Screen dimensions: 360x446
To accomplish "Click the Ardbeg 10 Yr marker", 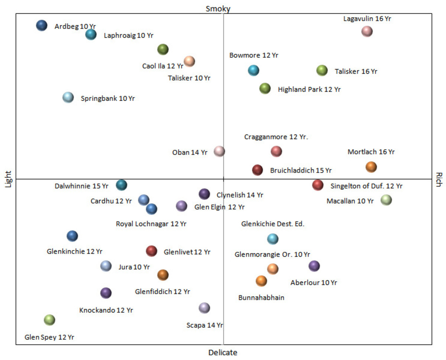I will [x=42, y=26].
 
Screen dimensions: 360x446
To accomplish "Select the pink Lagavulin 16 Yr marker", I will [x=367, y=31].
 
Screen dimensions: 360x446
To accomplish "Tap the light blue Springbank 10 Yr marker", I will [x=68, y=98].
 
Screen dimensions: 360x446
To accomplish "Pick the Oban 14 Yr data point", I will [x=219, y=151].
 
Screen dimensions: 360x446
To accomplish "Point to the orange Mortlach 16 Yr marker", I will [x=371, y=167].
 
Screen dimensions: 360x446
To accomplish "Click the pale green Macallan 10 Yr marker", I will [x=386, y=200].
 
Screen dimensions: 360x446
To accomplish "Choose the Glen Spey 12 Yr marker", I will [x=49, y=320].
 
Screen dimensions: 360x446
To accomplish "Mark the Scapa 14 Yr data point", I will [x=204, y=308].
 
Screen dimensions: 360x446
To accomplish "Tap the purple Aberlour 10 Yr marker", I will [x=314, y=266].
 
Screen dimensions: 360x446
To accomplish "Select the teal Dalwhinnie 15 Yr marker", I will [x=122, y=185].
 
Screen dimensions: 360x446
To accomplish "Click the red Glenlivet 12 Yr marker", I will [x=151, y=251].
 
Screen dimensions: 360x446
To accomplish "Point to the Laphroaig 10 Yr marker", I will [x=91, y=35].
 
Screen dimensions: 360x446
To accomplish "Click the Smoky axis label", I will [x=218, y=9].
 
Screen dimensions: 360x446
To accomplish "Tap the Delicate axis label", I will [x=223, y=353].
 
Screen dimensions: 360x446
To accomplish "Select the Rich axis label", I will [x=439, y=179].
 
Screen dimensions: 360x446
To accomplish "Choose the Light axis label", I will [x=8, y=179].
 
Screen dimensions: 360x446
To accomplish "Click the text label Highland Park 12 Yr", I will [x=309, y=90].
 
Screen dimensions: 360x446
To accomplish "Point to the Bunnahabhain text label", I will [x=261, y=298].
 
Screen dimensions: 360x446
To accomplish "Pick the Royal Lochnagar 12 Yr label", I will [x=151, y=224].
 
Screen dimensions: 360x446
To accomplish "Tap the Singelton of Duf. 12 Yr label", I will [x=366, y=186].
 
